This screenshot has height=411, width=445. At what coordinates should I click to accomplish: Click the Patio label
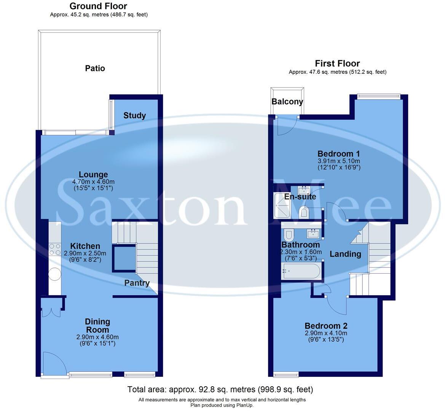(x=95, y=68)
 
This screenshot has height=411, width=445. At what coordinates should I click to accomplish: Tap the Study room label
(x=134, y=115)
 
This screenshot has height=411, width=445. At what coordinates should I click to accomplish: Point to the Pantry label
(x=137, y=283)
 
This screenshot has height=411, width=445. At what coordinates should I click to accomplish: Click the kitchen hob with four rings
(x=55, y=249)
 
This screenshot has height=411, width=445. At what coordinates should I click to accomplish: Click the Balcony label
(x=287, y=102)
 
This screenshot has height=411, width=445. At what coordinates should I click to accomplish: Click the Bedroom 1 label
(x=339, y=154)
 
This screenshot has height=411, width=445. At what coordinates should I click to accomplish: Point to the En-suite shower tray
(x=282, y=205)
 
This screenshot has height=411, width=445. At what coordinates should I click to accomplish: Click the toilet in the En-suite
(x=304, y=212)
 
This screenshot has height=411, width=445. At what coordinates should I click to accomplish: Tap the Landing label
(x=345, y=254)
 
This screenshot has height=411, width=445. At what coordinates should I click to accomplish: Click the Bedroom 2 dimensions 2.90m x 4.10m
(x=326, y=333)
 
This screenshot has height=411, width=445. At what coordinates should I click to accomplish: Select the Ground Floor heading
(x=98, y=6)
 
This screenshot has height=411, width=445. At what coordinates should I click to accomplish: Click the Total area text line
(x=220, y=389)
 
